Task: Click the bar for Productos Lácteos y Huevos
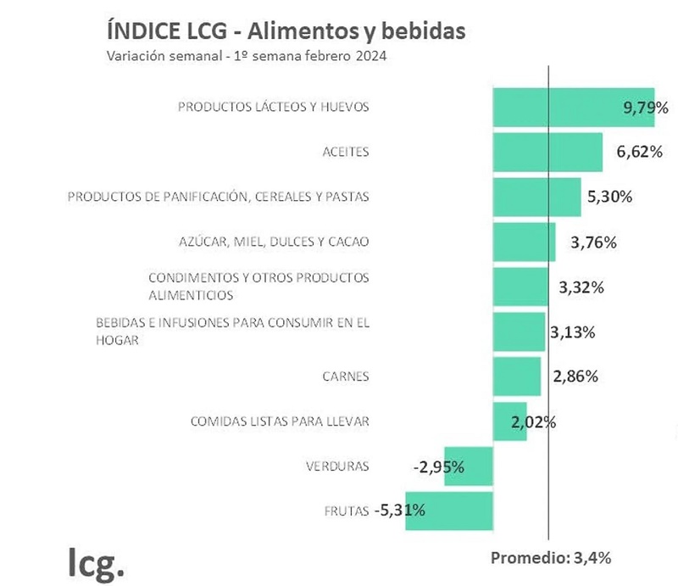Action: pyautogui.click(x=573, y=108)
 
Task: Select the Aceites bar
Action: pyautogui.click(x=547, y=153)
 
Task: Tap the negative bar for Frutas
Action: pyautogui.click(x=449, y=511)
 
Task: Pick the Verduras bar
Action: pyautogui.click(x=468, y=466)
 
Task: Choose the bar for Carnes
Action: pyautogui.click(x=517, y=377)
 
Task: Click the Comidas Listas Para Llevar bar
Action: pyautogui.click(x=509, y=421)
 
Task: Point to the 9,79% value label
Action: pyautogui.click(x=646, y=108)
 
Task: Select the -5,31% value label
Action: pyautogui.click(x=399, y=511)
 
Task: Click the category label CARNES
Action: pyautogui.click(x=346, y=377)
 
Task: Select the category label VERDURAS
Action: pyautogui.click(x=337, y=466)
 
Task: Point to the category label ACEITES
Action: pyautogui.click(x=346, y=153)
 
